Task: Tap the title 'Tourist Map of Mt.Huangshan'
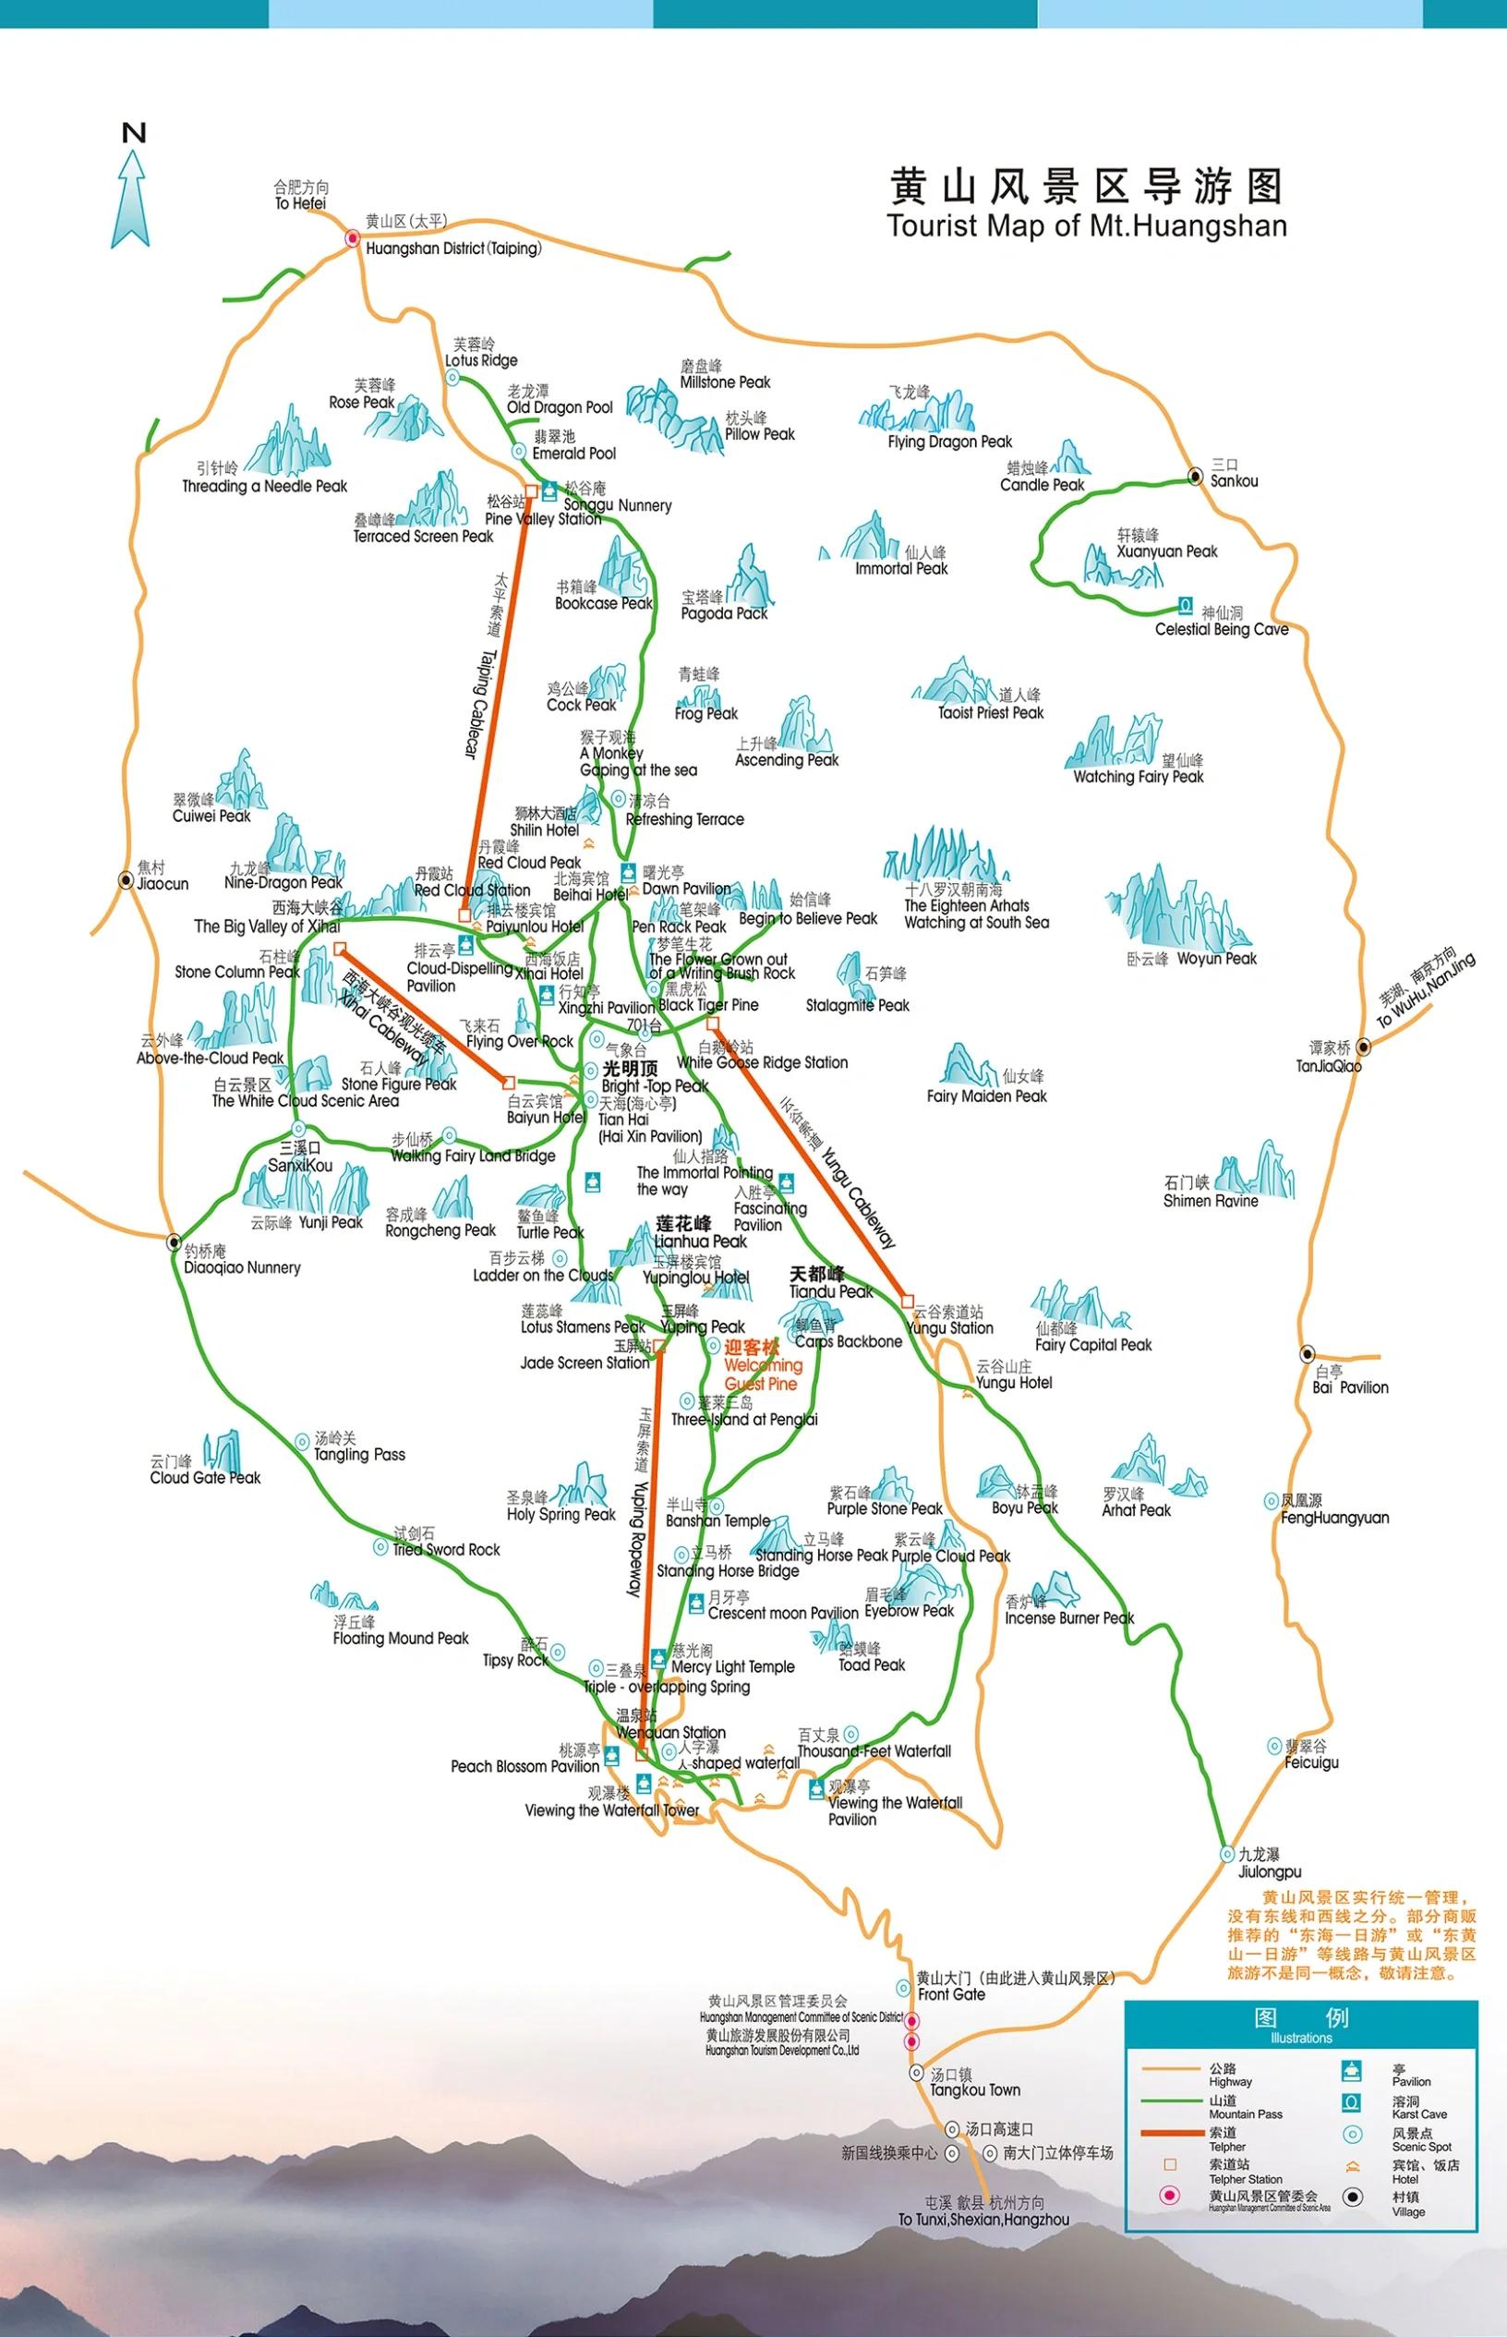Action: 1086,226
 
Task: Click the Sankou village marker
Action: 1195,477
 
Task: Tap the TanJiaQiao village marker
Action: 1362,1047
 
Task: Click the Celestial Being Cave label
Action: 1222,629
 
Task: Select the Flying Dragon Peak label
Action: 949,442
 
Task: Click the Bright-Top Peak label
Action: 655,1085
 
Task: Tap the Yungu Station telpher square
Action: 907,1302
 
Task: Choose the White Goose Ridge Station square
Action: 712,1023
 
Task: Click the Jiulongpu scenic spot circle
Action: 1227,1854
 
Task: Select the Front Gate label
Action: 951,1994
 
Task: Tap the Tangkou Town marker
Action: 916,2073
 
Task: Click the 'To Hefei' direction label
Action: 300,203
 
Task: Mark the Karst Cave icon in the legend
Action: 1352,2102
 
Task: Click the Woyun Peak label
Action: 1216,958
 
